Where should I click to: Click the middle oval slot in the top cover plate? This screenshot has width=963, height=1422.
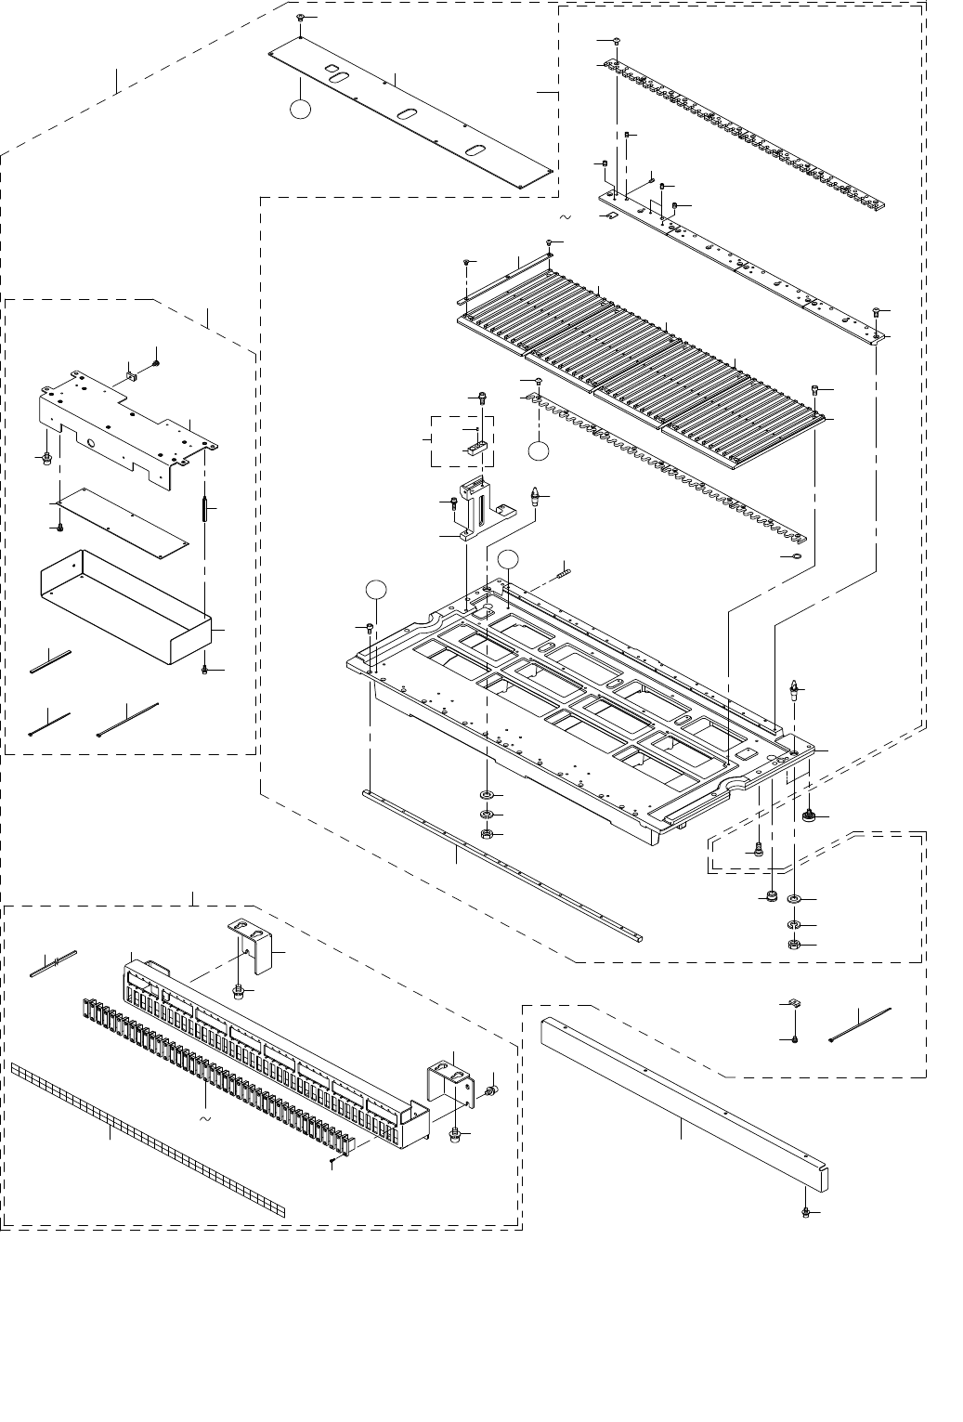(407, 113)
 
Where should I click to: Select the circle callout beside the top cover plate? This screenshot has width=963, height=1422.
(299, 108)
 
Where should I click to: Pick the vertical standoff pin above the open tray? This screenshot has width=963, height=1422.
(203, 510)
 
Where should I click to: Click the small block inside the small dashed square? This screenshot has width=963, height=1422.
(476, 446)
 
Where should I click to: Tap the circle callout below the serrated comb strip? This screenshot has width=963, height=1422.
(539, 450)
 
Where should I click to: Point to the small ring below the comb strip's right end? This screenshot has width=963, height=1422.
(794, 556)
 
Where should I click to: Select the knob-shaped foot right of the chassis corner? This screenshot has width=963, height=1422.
(809, 815)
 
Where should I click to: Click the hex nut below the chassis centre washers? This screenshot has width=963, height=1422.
(487, 834)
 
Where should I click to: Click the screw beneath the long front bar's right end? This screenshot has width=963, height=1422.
(806, 1213)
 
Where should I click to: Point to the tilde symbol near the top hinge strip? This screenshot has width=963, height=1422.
(564, 217)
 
